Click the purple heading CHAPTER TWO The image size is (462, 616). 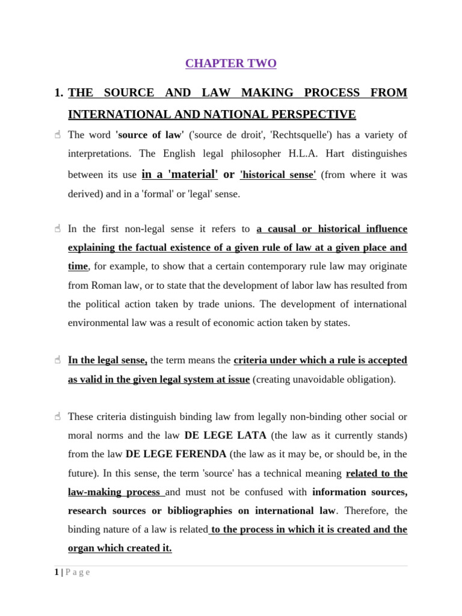point(231,63)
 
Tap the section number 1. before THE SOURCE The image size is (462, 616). point(58,93)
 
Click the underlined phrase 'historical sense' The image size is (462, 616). point(278,175)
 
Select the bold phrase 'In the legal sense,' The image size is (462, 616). point(108,360)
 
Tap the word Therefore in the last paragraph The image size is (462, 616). point(368,511)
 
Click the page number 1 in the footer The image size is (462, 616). point(55,572)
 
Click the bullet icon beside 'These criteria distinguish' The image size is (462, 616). point(58,416)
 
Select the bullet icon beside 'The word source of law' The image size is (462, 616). point(58,135)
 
